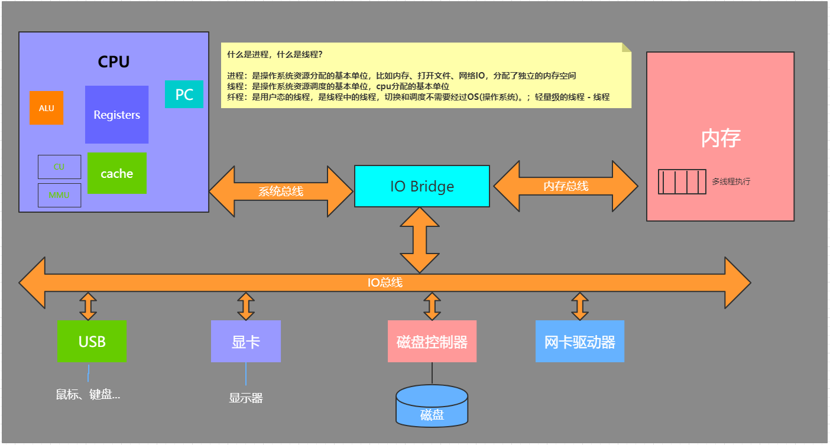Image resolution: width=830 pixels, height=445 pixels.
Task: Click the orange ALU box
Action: point(46,108)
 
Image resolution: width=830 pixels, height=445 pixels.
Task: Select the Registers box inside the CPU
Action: point(116,115)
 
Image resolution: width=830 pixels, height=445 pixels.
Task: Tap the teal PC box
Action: point(184,95)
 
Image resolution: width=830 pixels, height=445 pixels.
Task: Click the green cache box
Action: point(116,173)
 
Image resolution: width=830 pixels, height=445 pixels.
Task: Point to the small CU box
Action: point(59,167)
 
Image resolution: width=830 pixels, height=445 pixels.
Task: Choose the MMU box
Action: point(59,195)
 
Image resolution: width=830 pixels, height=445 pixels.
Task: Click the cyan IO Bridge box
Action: point(422,186)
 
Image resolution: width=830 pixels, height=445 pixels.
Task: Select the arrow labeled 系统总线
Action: point(281,191)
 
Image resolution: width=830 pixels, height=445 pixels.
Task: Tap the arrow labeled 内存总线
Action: point(565,186)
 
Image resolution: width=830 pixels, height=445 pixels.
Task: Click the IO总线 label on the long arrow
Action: point(385,282)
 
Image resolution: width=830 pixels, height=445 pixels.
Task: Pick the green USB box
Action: point(92,341)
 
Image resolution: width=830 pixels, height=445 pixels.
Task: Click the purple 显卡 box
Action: point(245,341)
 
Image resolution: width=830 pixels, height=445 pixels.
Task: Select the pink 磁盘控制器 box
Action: point(432,341)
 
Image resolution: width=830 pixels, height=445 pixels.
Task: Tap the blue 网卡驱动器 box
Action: point(579,341)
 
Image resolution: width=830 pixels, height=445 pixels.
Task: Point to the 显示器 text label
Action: point(245,398)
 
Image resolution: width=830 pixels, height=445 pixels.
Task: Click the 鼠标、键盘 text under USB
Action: point(88,395)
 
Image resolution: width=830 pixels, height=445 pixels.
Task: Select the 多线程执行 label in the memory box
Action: point(731,181)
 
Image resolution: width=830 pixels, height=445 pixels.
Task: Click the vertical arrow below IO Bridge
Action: point(420,240)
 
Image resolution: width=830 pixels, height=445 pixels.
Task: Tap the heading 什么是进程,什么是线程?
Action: point(275,54)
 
